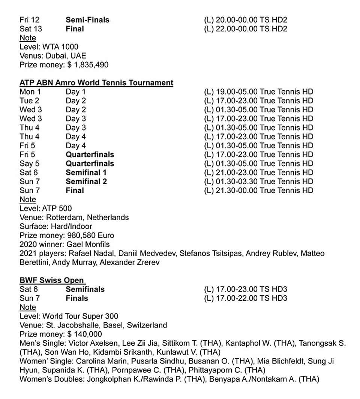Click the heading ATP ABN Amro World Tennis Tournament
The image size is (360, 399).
[96, 83]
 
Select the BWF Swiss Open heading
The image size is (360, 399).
[52, 280]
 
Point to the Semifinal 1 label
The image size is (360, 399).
[86, 172]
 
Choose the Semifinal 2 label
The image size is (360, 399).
[86, 181]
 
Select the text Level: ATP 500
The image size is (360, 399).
[45, 208]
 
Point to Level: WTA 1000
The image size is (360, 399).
[49, 47]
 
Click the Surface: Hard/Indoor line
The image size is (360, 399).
[56, 226]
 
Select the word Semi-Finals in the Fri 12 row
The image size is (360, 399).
[87, 20]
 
